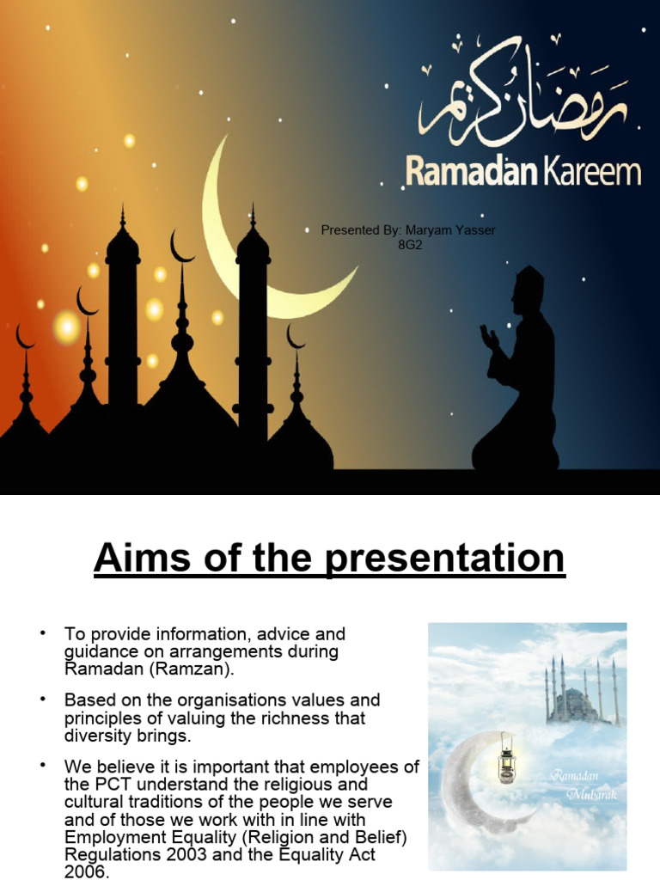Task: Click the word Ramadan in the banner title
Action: pyautogui.click(x=470, y=171)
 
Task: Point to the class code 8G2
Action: pyautogui.click(x=410, y=245)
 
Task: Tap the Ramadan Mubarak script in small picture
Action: pyautogui.click(x=584, y=785)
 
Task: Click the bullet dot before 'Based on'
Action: pyautogui.click(x=40, y=700)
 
